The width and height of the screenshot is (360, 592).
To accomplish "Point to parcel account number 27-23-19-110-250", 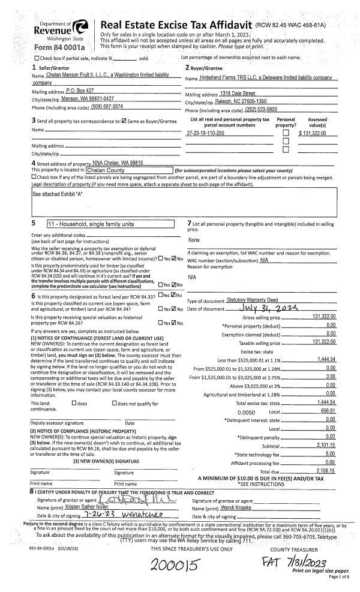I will coord(206,133).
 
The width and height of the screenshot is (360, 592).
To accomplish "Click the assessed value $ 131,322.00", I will coord(316,133).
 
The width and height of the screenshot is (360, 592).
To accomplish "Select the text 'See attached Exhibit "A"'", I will coord(61,195).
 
